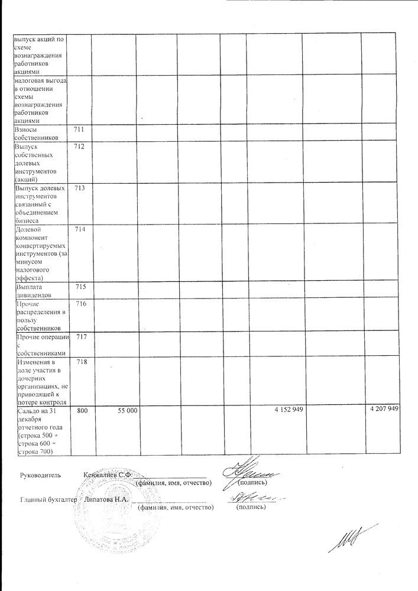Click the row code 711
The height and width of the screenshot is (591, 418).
coord(80,129)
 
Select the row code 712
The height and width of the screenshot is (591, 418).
coord(80,146)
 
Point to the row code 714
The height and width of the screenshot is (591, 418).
coord(80,229)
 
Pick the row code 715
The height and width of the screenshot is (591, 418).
coord(80,287)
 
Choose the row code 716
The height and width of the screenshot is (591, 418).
coord(80,304)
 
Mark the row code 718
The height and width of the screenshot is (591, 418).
coord(80,362)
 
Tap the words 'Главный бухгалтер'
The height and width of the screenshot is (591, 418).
coord(48,499)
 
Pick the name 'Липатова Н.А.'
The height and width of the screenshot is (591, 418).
coord(106,499)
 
